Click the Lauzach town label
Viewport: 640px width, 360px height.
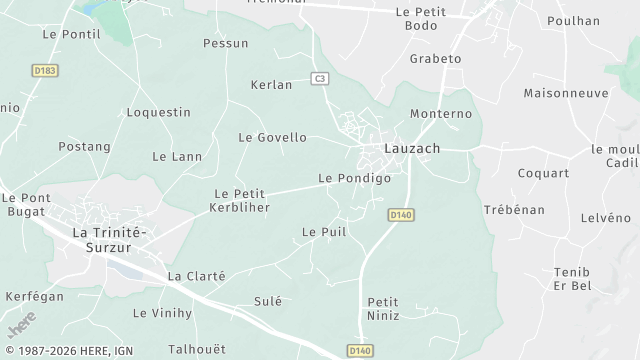coord(412,148)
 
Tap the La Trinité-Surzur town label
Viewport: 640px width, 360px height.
coord(110,240)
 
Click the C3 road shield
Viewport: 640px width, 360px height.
coord(319,77)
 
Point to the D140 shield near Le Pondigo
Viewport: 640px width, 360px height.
coord(401,215)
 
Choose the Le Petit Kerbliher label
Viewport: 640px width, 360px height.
coord(242,199)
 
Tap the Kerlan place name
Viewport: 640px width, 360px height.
coord(271,85)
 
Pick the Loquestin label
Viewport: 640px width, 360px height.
coord(158,112)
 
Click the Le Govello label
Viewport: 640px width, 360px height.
coord(272,137)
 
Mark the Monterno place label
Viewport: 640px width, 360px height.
coord(440,114)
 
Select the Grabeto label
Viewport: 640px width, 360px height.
coord(435,59)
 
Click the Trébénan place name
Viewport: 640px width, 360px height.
coord(514,210)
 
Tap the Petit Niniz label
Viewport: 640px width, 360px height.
coord(383,308)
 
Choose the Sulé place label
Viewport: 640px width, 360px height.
coord(268,301)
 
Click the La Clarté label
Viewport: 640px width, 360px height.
coord(196,276)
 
